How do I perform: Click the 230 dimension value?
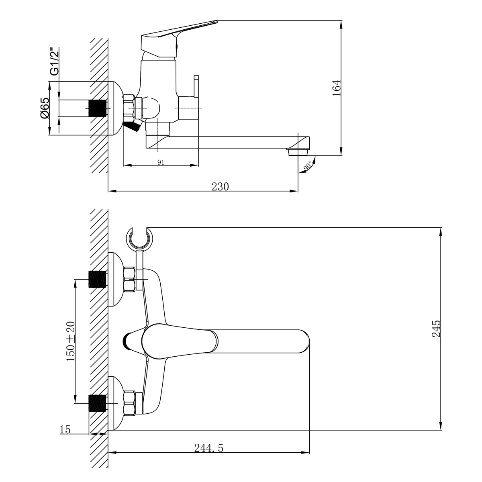(221, 186)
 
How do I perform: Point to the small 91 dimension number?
(161, 162)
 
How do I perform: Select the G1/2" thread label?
(53, 61)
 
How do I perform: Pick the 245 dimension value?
(437, 328)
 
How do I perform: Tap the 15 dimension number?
(65, 430)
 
